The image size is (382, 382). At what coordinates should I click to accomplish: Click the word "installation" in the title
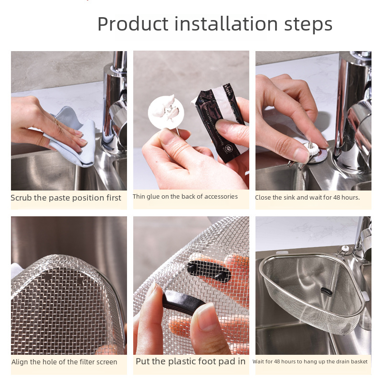(226, 24)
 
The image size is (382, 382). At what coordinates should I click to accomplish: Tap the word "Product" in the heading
(133, 24)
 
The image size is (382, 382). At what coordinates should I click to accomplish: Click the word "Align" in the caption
(19, 362)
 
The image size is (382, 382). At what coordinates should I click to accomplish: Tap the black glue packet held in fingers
(221, 122)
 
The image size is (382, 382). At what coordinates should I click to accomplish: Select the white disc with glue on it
(166, 112)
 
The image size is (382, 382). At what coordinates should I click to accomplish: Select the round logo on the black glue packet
(228, 148)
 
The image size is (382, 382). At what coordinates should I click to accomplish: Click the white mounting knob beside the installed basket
(344, 249)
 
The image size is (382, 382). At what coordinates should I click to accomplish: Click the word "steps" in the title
(308, 25)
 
